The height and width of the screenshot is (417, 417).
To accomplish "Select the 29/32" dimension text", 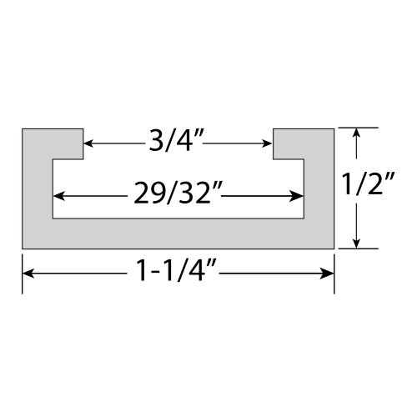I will [x=178, y=197].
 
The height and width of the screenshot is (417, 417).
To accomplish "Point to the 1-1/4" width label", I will [x=178, y=273].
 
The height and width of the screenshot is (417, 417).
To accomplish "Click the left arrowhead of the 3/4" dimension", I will [x=89, y=144].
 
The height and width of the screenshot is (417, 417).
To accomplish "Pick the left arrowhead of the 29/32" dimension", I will [x=60, y=198].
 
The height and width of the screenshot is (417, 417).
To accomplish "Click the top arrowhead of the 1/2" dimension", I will [x=357, y=133].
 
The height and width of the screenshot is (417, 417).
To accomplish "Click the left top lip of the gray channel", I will [x=52, y=142].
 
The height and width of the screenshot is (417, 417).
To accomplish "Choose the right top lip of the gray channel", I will [x=304, y=142].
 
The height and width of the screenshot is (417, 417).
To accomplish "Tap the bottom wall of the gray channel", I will [x=178, y=233].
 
